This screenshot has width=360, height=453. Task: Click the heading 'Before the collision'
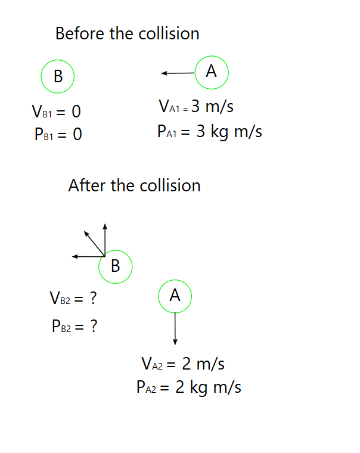click(127, 33)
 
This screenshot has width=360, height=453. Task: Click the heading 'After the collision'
click(134, 185)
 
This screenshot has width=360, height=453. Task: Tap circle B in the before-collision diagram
click(58, 76)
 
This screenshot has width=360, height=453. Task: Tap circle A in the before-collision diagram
click(212, 72)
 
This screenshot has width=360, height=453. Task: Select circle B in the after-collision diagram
click(116, 266)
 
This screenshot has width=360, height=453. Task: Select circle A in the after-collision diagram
click(175, 296)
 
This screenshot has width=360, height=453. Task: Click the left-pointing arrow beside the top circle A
click(178, 73)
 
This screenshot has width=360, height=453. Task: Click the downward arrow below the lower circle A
click(175, 328)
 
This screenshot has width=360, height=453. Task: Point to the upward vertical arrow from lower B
click(105, 239)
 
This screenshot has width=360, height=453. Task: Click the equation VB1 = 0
click(56, 111)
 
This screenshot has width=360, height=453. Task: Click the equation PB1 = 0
click(58, 135)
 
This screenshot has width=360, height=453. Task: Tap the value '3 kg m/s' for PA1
click(229, 131)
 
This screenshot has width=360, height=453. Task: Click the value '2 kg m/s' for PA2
click(208, 388)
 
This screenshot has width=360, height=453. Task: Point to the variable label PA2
click(146, 389)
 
